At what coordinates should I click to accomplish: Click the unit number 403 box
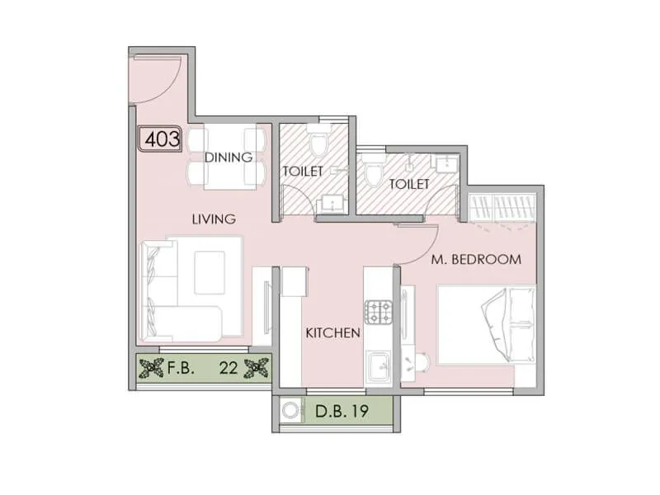[x=161, y=139]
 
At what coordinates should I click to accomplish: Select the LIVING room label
[x=214, y=219]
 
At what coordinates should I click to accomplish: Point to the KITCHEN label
[x=333, y=333]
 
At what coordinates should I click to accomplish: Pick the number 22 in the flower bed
[x=229, y=370]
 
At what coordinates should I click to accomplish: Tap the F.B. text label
[x=180, y=370]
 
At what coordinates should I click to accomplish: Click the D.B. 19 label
[x=341, y=410]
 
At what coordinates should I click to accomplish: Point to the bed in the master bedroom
[x=486, y=324]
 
